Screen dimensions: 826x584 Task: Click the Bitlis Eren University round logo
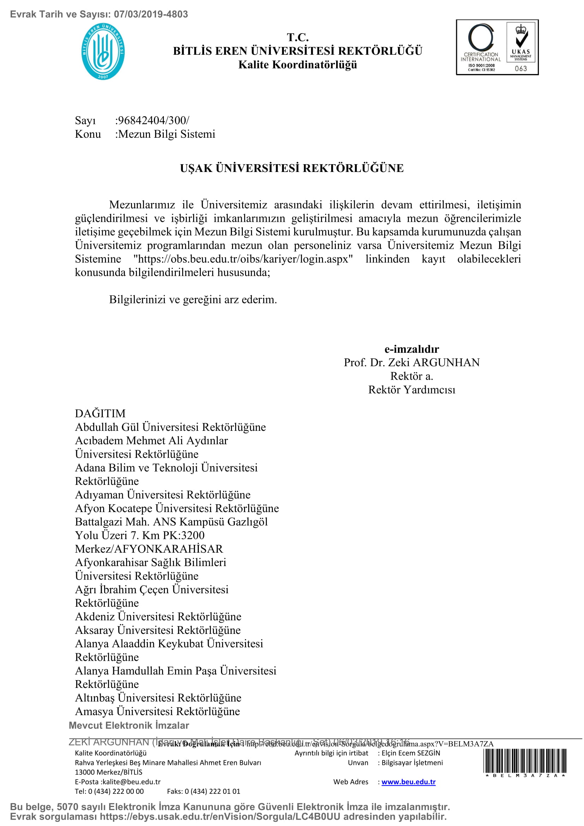tap(103, 52)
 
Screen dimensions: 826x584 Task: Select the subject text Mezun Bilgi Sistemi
tap(167, 134)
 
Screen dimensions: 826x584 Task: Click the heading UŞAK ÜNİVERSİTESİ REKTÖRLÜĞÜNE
tap(292, 168)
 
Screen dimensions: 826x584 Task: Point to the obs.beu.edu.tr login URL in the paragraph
tap(243, 259)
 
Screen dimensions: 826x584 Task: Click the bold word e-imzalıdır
tap(411, 349)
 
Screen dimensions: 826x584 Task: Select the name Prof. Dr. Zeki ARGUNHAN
tap(411, 362)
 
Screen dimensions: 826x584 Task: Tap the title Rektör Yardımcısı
tap(411, 390)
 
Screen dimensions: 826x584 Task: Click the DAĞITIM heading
tap(100, 414)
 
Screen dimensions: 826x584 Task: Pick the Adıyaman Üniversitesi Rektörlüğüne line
tap(162, 495)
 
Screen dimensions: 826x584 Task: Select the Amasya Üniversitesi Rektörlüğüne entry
tap(157, 711)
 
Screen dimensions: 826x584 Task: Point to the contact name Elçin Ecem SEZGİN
tap(411, 753)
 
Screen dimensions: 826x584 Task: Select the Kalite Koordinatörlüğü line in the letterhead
tap(297, 65)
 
